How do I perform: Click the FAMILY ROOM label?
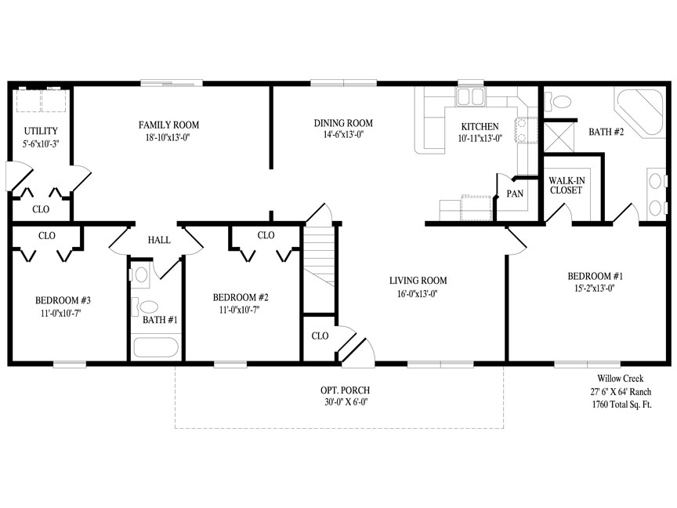pyautogui.click(x=168, y=125)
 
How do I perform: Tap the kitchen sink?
pyautogui.click(x=470, y=96)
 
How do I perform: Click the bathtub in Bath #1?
pyautogui.click(x=156, y=347)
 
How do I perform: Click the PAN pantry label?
pyautogui.click(x=515, y=194)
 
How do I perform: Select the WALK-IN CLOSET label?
pyautogui.click(x=567, y=185)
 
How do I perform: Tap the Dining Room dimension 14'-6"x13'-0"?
pyautogui.click(x=343, y=134)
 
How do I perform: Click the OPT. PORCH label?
pyautogui.click(x=345, y=390)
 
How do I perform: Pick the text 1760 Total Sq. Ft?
pyautogui.click(x=621, y=405)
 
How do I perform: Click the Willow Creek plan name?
pyautogui.click(x=621, y=379)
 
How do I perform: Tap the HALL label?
pyautogui.click(x=159, y=240)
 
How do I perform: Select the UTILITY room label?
pyautogui.click(x=41, y=131)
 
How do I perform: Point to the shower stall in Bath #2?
pyautogui.click(x=559, y=137)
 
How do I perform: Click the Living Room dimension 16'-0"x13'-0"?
pyautogui.click(x=418, y=294)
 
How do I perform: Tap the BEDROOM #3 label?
pyautogui.click(x=63, y=300)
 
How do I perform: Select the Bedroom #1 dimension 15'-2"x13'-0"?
pyautogui.click(x=594, y=288)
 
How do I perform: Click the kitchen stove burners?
pyautogui.click(x=526, y=130)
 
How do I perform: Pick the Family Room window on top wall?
pyautogui.click(x=172, y=83)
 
